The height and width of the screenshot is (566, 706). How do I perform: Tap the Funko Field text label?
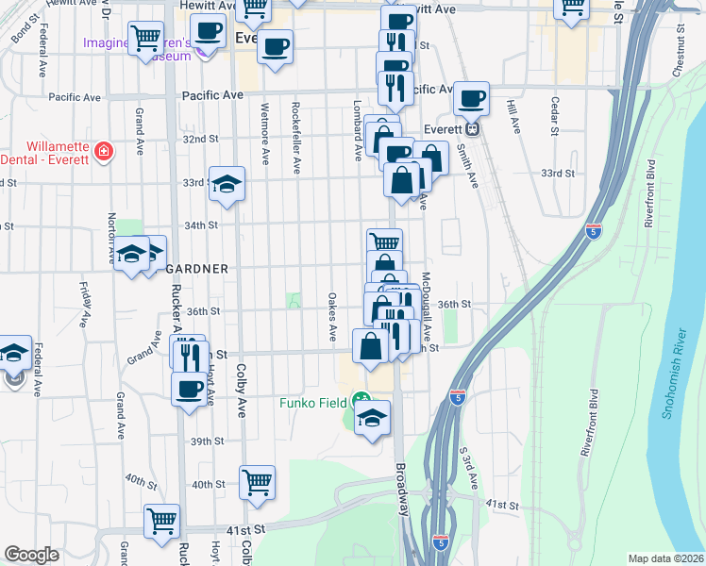pos(314,403)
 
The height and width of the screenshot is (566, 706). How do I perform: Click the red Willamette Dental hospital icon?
pos(102,151)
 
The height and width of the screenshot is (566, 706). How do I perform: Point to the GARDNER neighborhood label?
pos(197,269)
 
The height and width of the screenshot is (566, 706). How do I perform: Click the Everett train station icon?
pos(474,129)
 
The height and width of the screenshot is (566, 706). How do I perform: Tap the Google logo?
pos(32,556)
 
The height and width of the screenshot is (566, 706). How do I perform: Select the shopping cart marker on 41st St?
pos(161,519)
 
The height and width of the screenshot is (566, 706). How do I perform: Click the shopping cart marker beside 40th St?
pos(258,481)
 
